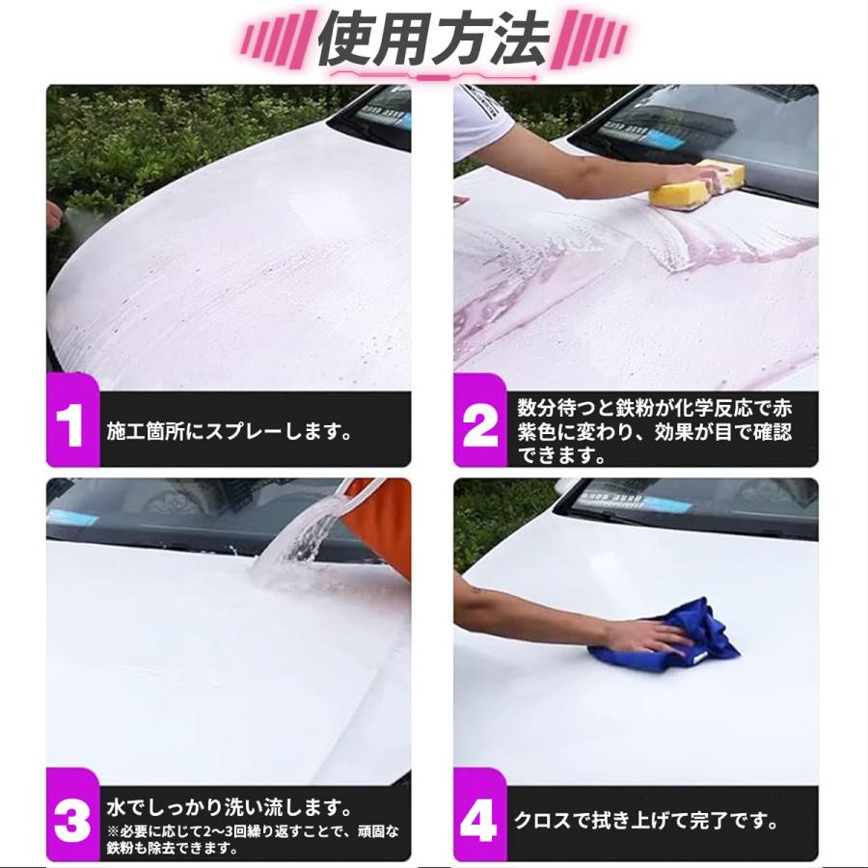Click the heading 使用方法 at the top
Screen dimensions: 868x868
click(x=433, y=41)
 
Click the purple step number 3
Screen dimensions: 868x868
click(x=71, y=822)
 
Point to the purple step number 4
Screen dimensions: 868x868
click(x=479, y=822)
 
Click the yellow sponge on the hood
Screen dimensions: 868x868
click(x=697, y=184)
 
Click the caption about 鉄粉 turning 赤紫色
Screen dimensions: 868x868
click(x=654, y=431)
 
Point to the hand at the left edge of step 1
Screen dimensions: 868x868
click(x=53, y=213)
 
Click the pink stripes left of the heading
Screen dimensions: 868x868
click(x=275, y=41)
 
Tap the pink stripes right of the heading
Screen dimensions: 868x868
click(x=590, y=41)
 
